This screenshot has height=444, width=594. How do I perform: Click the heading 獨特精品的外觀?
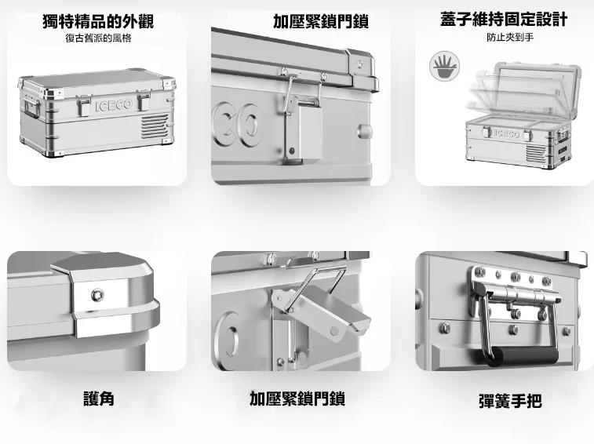pyautogui.click(x=98, y=21)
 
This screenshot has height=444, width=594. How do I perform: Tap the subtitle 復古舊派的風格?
pyautogui.click(x=98, y=38)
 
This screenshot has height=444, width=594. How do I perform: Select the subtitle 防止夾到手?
pyautogui.click(x=510, y=37)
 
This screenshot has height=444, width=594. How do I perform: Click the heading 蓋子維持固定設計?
pyautogui.click(x=504, y=20)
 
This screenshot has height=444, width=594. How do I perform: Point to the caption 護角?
pyautogui.click(x=99, y=399)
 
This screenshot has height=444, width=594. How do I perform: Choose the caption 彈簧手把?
pyautogui.click(x=510, y=401)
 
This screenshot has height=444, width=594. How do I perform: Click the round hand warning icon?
pyautogui.click(x=444, y=67)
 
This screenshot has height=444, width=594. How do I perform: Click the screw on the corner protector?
pyautogui.click(x=98, y=294)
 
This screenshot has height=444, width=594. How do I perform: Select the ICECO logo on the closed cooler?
pyautogui.click(x=114, y=105)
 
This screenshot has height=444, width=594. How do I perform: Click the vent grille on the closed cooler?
pyautogui.click(x=154, y=126)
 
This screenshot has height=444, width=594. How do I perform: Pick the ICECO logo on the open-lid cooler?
pyautogui.click(x=507, y=133)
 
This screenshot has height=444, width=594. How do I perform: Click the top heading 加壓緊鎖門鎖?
pyautogui.click(x=320, y=21)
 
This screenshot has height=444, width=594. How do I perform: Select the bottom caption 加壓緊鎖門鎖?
pyautogui.click(x=297, y=399)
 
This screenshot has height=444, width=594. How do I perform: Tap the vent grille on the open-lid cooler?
pyautogui.click(x=536, y=152)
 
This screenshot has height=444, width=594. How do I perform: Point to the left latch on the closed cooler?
pyautogui.click(x=84, y=105)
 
